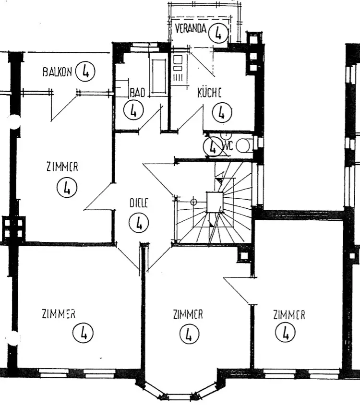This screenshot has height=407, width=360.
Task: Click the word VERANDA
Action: (x=191, y=28)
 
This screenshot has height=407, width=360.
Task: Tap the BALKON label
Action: (x=57, y=72)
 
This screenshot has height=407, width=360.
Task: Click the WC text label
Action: (x=228, y=146)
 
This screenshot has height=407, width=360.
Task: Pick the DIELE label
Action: (x=139, y=203)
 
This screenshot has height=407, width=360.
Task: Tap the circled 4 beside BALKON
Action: (x=85, y=72)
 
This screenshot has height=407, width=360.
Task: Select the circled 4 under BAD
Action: (x=133, y=110)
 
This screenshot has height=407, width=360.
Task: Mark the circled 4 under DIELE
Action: (x=139, y=223)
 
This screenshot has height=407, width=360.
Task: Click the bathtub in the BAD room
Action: (x=158, y=74)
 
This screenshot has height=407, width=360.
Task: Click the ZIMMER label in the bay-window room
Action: (x=188, y=314)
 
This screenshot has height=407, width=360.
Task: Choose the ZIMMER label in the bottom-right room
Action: (x=289, y=315)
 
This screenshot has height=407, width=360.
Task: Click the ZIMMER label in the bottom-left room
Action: (x=59, y=314)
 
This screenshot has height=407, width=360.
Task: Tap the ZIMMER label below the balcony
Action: (x=62, y=167)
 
